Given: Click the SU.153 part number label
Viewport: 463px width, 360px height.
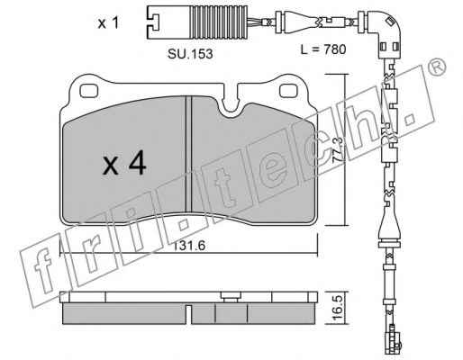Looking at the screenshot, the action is tap(190, 54).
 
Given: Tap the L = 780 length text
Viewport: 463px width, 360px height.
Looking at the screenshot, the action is tap(323, 49).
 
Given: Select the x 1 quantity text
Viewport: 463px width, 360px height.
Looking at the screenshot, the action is tap(108, 23).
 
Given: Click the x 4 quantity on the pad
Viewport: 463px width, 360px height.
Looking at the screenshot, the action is tap(124, 164).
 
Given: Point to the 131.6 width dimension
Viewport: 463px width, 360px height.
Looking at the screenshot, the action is tap(189, 246).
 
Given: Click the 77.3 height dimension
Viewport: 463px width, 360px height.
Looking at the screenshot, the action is tap(338, 150).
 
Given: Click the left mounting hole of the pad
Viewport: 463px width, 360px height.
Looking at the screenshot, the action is tap(89, 90).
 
